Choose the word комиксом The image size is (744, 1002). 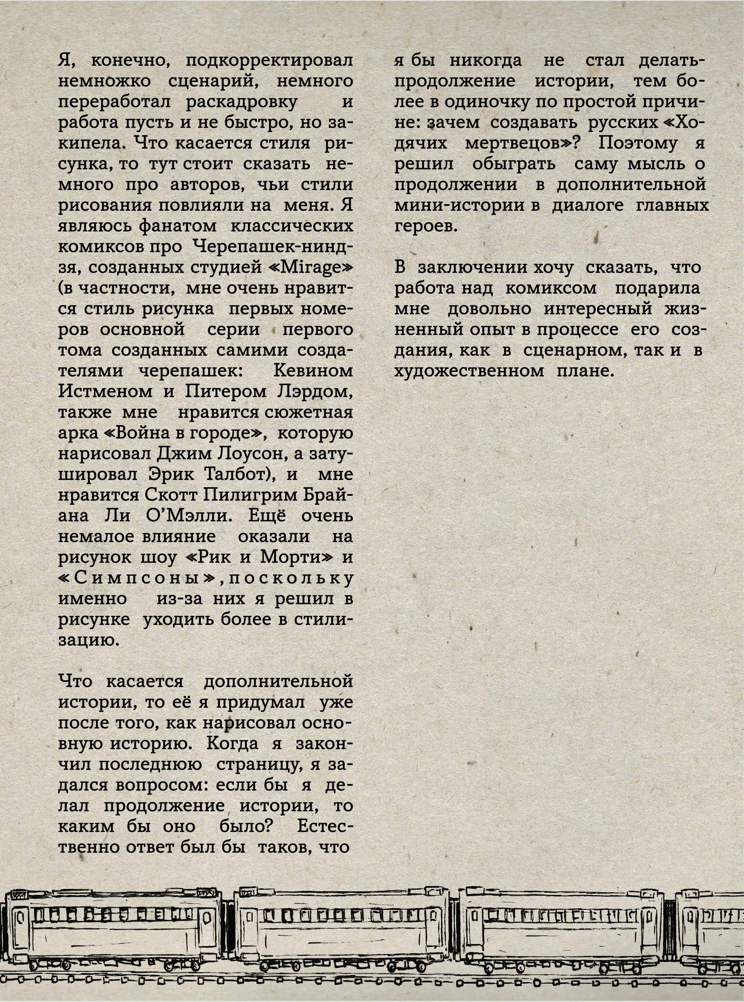point(551,288)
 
